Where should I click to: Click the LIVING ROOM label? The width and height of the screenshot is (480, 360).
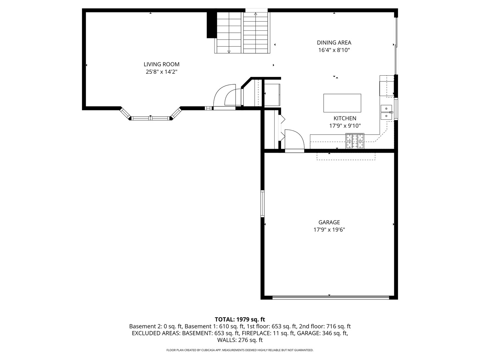coord(161,64)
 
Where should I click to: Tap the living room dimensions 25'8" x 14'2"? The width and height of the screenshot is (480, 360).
coord(161,72)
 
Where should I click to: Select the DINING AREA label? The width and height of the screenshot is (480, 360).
coord(334,43)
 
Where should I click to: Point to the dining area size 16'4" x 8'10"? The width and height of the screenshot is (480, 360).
coord(334,50)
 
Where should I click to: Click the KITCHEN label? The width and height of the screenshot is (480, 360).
coord(345,118)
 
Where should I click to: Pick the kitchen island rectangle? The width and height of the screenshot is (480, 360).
coord(342,103)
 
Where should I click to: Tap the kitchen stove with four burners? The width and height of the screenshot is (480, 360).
coord(355,141)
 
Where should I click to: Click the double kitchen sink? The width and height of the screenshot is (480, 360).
coord(386,112)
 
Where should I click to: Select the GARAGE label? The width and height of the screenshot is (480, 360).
coord(329,222)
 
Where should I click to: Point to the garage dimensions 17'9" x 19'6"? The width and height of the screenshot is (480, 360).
coord(329,230)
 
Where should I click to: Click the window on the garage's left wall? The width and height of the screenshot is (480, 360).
coord(262,203)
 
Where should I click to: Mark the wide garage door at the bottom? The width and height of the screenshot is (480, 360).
coord(331,297)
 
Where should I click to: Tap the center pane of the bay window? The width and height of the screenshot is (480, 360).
coord(150,118)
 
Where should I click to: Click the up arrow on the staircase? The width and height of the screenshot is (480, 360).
coord(255,14)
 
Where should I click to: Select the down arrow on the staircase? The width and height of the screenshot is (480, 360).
coord(229,52)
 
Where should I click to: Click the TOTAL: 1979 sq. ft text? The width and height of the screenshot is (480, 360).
coord(240,319)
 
